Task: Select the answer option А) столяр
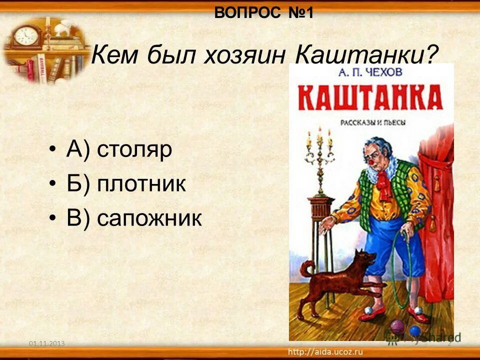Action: pyautogui.click(x=119, y=150)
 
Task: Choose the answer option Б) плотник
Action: pyautogui.click(x=126, y=184)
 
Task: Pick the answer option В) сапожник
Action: pyautogui.click(x=134, y=218)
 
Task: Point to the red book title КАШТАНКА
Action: pyautogui.click(x=371, y=97)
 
